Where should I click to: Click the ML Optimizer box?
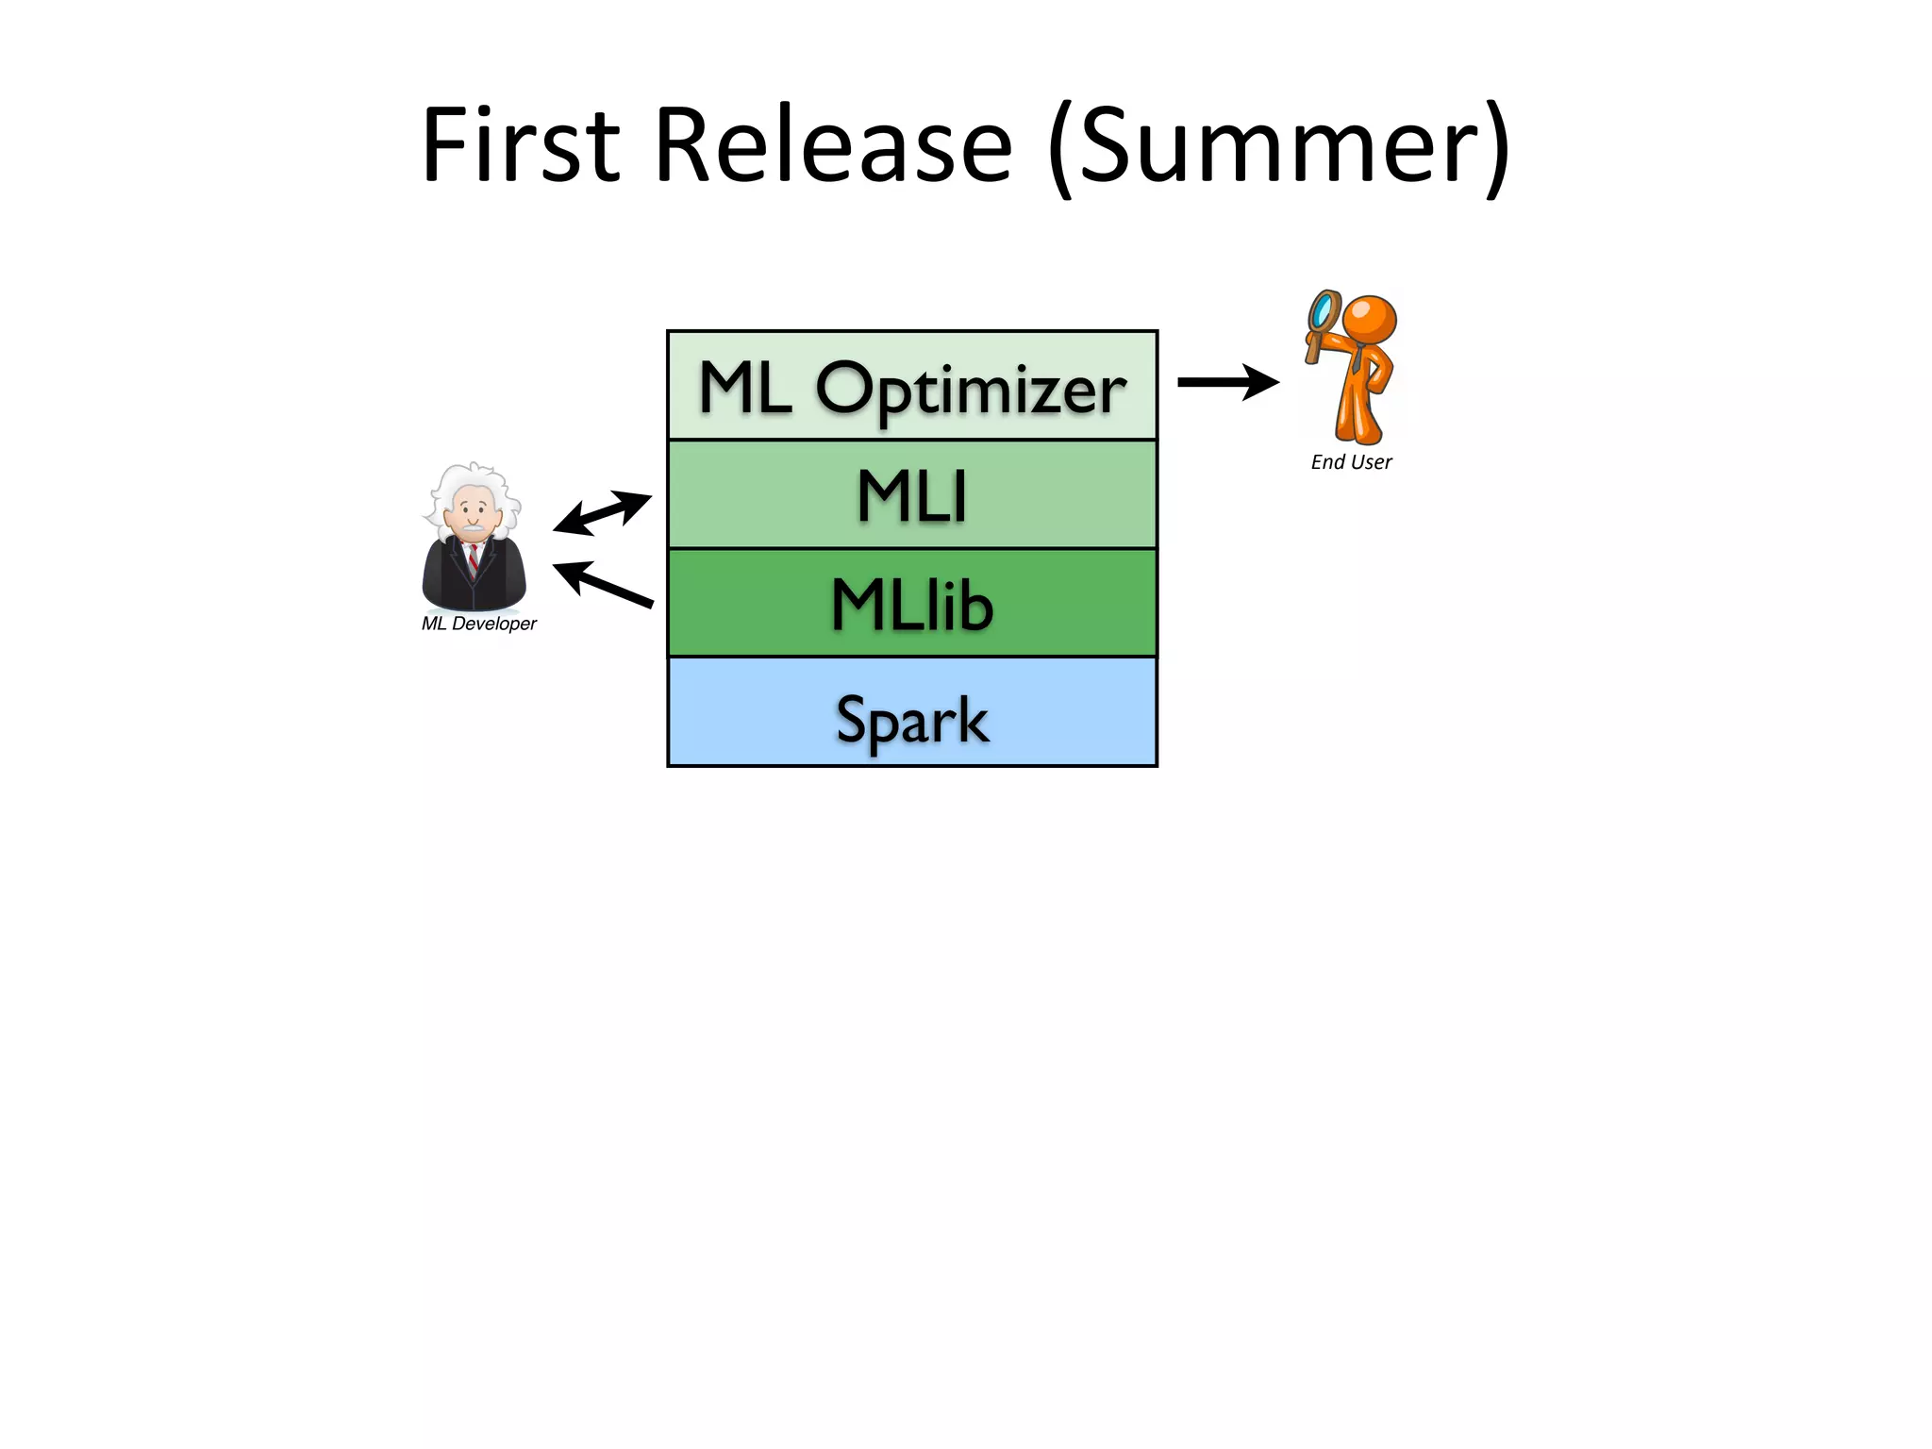[911, 386]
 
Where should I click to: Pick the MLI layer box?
[911, 495]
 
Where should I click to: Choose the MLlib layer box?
[911, 604]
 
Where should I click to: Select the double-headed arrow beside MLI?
[602, 512]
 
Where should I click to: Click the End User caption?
[1351, 462]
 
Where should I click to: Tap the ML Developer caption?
[478, 624]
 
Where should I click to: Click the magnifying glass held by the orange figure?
[1323, 310]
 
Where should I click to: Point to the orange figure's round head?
[1369, 320]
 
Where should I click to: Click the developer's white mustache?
[473, 526]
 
